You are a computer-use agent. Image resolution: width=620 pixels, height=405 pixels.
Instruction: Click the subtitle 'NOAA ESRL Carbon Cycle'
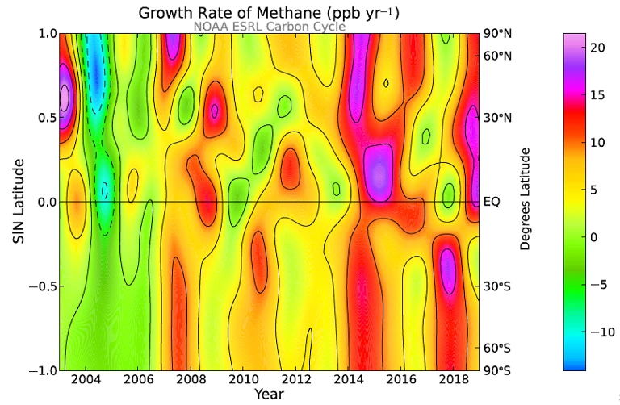tap(269, 27)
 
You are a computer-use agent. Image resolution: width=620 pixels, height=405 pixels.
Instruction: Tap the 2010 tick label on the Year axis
tap(242, 379)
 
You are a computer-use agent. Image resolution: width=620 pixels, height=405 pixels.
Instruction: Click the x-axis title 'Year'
tap(268, 395)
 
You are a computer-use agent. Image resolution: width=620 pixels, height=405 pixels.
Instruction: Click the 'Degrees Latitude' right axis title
tap(525, 202)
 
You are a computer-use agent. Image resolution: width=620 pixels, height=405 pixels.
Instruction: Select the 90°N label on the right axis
tap(497, 33)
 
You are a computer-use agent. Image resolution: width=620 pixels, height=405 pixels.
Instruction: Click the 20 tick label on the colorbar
tap(597, 48)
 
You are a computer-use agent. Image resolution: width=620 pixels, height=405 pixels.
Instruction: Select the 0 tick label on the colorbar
tap(593, 237)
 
